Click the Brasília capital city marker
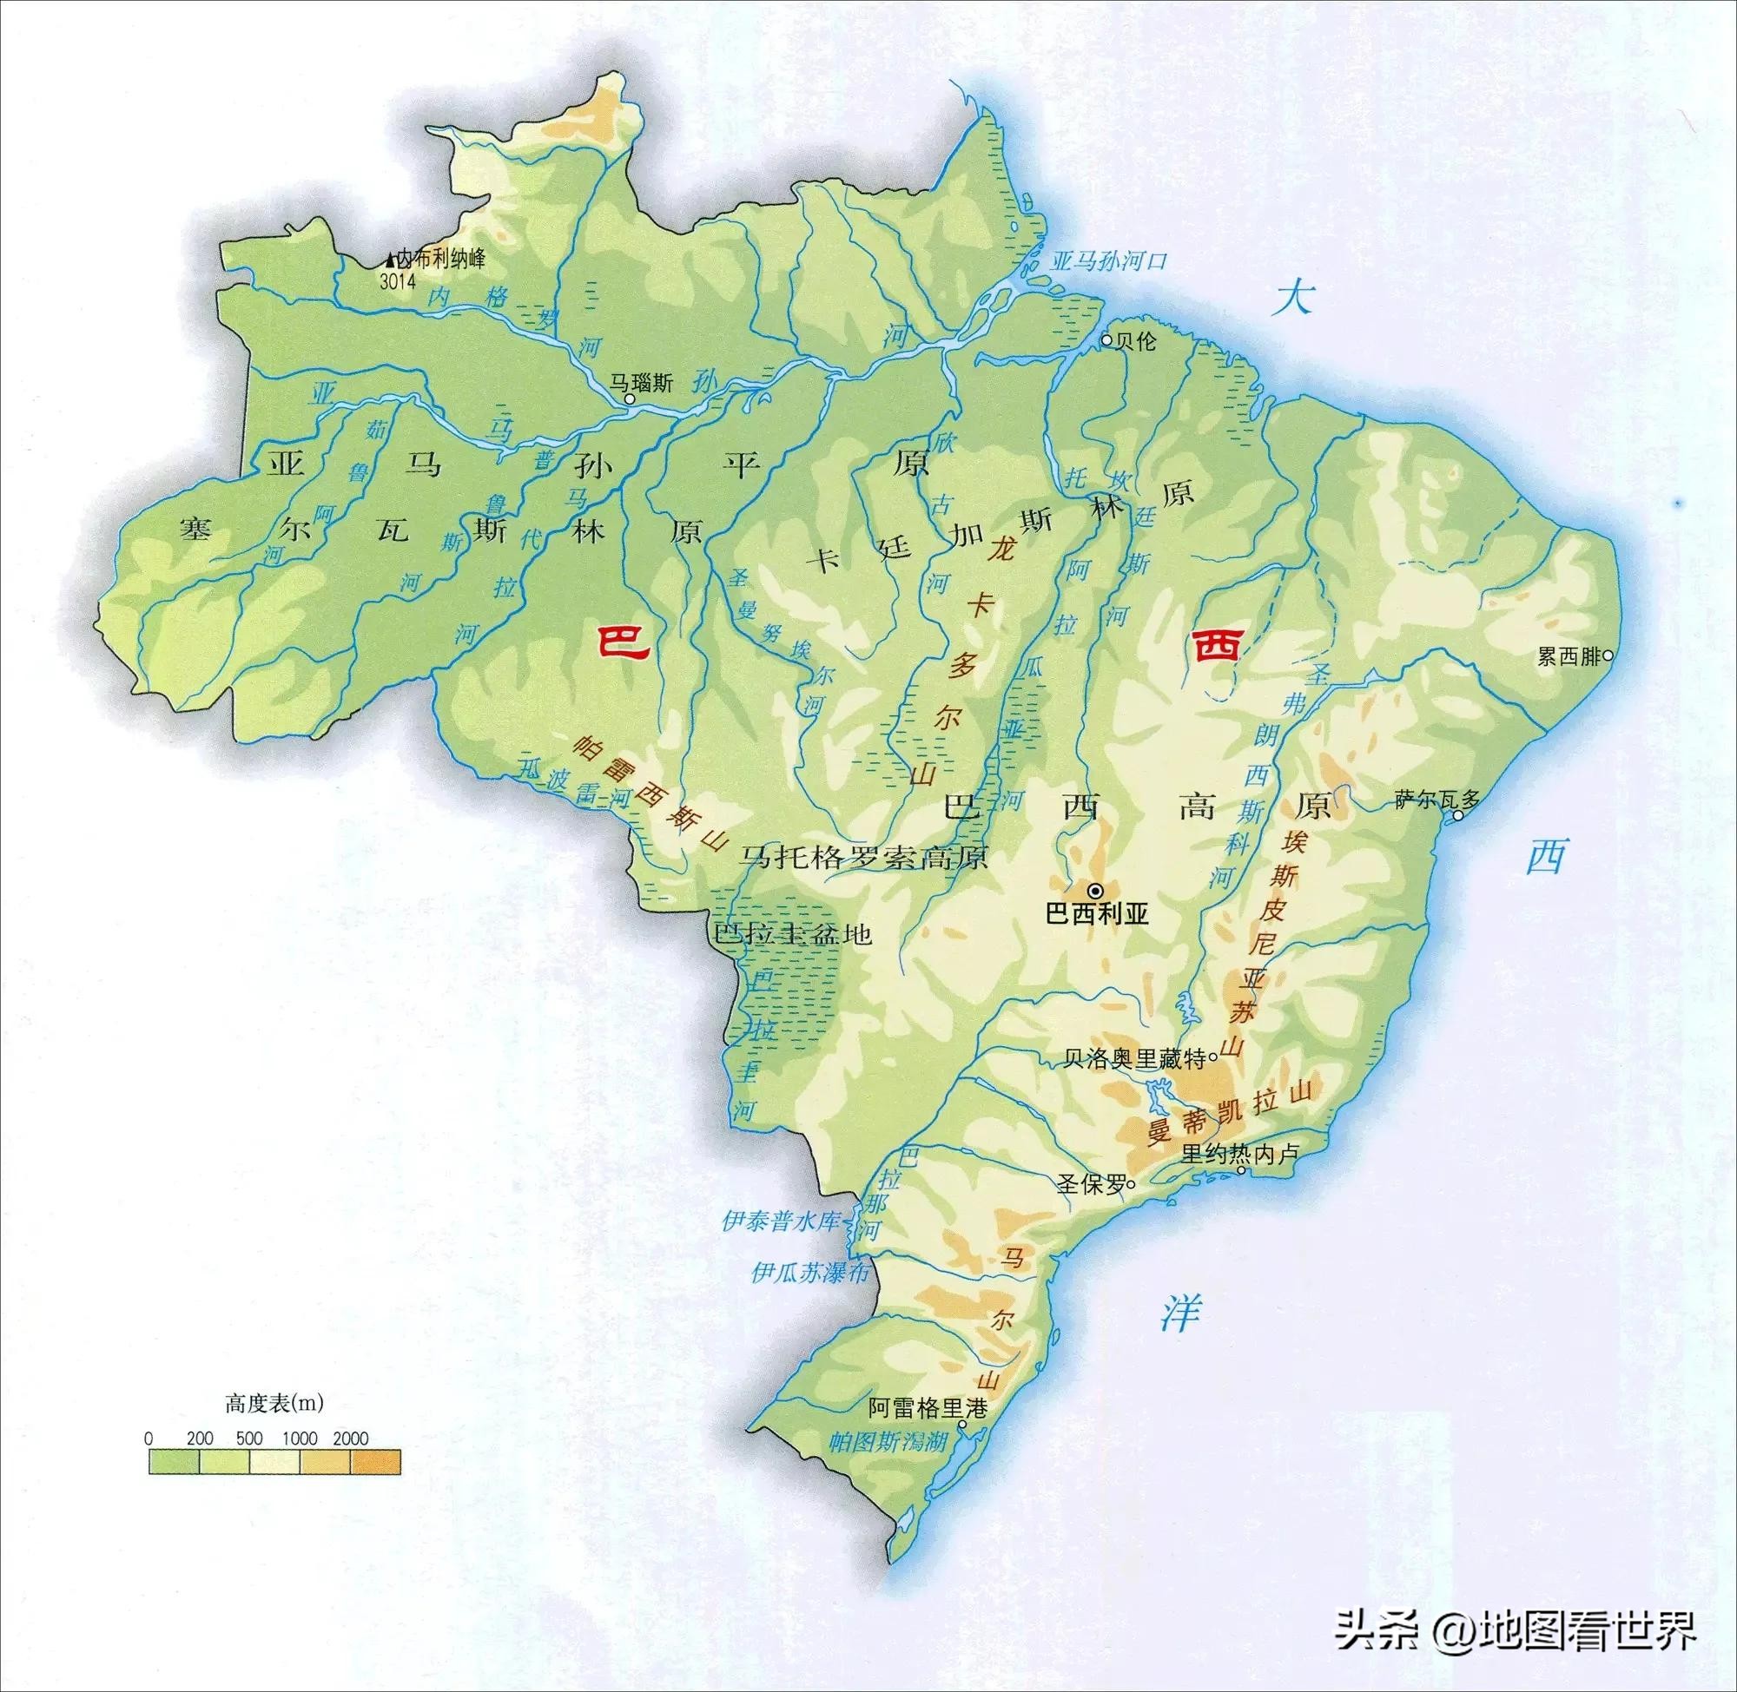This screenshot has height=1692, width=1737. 1096,890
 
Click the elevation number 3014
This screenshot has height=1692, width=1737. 398,283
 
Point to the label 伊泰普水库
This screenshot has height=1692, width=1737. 781,1221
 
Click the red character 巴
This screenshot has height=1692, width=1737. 624,641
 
